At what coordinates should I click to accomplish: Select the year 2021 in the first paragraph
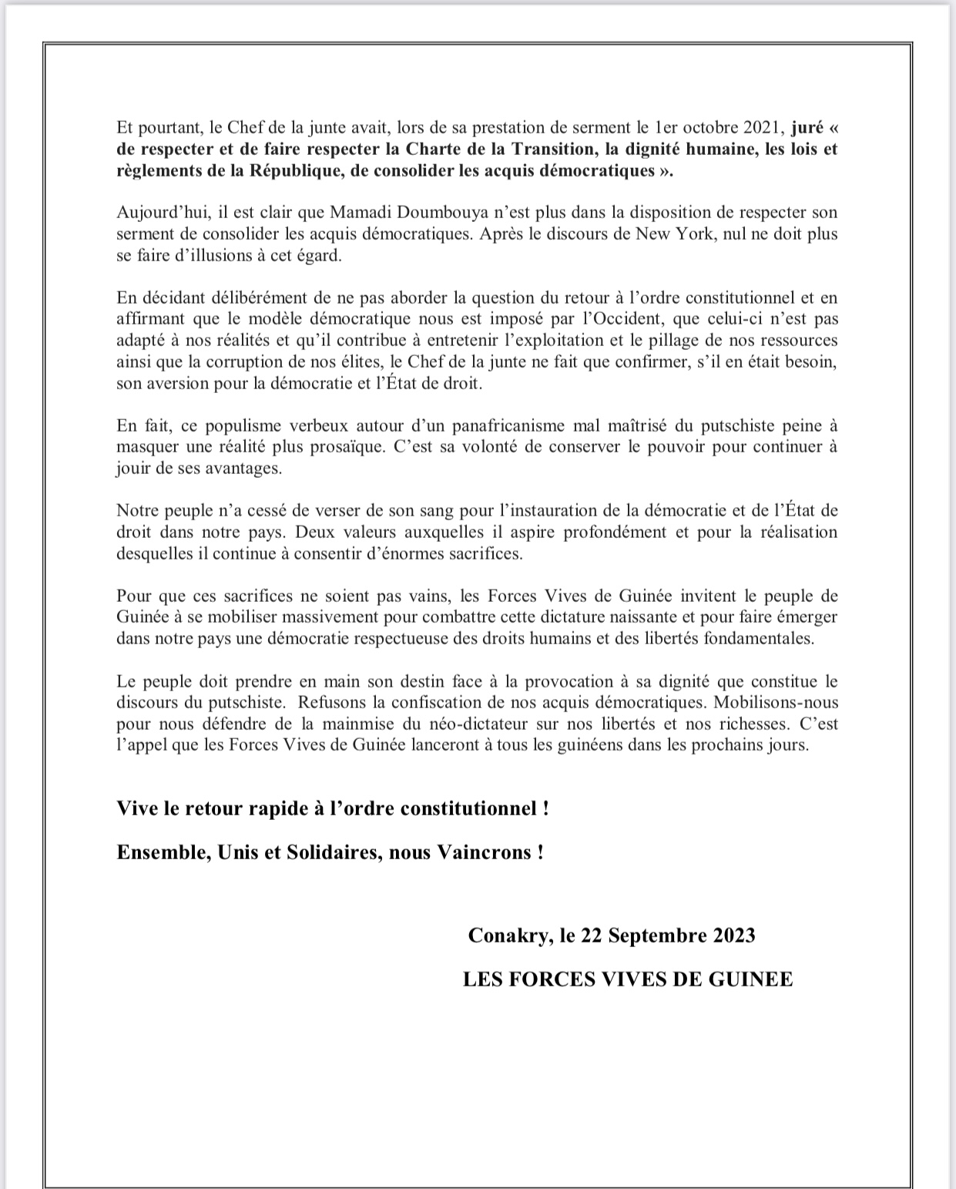(x=763, y=126)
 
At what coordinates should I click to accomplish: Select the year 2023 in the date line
(x=730, y=935)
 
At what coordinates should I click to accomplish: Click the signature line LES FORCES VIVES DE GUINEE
(x=628, y=979)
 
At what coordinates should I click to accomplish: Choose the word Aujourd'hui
(x=157, y=212)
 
